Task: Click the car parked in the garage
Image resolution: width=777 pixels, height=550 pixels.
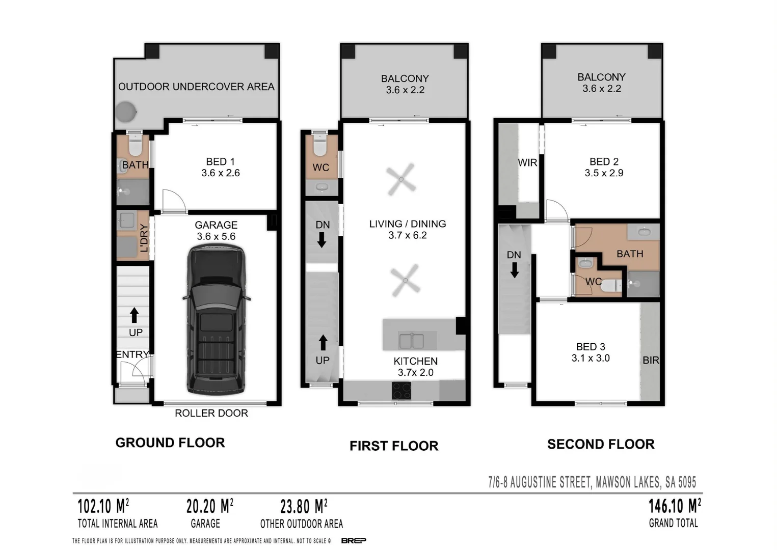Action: point(216,319)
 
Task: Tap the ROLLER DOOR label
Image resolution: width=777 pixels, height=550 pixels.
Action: point(211,413)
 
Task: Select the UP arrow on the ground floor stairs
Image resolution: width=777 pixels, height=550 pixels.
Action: point(134,315)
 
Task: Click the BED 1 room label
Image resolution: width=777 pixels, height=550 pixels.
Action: point(220,161)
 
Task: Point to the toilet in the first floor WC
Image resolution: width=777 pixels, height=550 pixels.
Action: point(320,146)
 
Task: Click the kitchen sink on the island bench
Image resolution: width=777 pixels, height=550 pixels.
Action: point(411,340)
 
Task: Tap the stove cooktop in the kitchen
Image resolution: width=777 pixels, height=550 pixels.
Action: point(401,391)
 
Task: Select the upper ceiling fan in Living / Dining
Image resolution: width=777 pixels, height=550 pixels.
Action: point(401,179)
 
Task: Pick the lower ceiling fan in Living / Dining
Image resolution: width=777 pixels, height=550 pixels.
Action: point(406,280)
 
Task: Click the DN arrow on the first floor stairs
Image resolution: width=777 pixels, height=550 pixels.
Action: point(321,239)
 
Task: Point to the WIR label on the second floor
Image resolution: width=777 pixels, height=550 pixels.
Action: point(527,162)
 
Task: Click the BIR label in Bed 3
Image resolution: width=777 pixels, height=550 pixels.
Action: point(651,360)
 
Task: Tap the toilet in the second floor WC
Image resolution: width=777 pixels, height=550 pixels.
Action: point(609,286)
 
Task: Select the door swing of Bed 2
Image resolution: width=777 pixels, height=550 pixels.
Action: point(556,211)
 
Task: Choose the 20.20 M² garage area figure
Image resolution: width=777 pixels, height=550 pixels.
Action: point(209,506)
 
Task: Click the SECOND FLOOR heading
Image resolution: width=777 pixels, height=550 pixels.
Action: point(601,444)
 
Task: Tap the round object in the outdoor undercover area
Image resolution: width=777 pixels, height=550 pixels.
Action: point(125,112)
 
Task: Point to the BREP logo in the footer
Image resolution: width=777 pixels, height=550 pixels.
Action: point(354,540)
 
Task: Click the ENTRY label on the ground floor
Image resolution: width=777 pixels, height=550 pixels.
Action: point(132,354)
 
